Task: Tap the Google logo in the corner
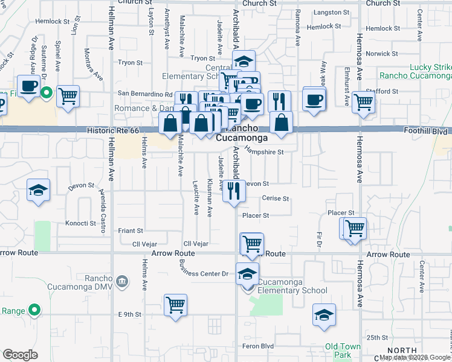click(21, 354)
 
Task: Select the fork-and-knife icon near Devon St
click(233, 191)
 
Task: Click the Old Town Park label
click(343, 351)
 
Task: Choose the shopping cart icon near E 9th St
click(175, 304)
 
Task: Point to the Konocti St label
click(81, 223)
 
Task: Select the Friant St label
click(131, 230)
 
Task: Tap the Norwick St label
click(382, 53)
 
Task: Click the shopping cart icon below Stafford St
click(363, 102)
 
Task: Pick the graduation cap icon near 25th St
click(324, 314)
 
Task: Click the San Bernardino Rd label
click(145, 94)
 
